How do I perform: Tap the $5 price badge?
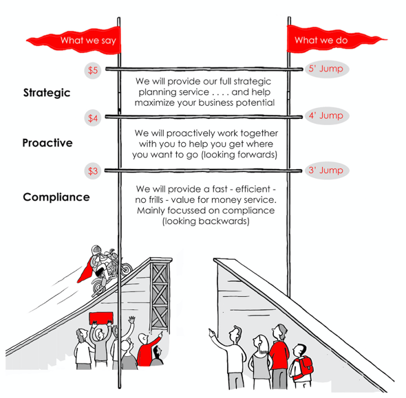point(93,70)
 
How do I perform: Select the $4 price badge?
point(93,118)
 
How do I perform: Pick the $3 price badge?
point(93,170)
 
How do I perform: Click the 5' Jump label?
point(327,69)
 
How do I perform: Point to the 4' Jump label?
point(327,115)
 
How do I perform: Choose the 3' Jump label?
point(327,170)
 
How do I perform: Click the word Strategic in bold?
point(47,93)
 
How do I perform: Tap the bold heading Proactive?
point(47,143)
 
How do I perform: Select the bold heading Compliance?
point(56,197)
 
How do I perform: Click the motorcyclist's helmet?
point(96,250)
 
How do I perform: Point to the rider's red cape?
point(85,270)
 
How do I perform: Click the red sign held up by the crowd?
point(101,318)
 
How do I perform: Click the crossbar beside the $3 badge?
point(203,170)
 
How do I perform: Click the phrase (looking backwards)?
point(206,221)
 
